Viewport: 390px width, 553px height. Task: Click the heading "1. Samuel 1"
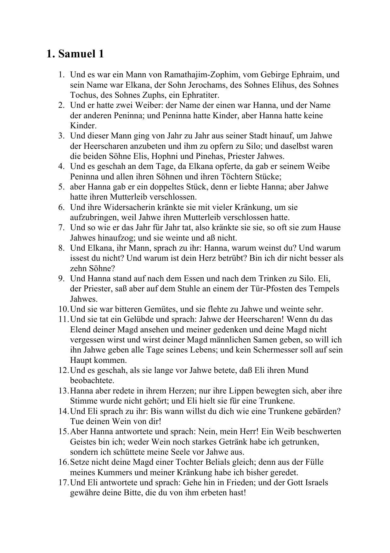75,54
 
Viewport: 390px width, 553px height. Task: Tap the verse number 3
61,136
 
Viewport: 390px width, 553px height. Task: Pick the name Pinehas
209,156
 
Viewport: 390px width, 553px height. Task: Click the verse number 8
61,248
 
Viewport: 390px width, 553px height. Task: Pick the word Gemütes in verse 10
159,309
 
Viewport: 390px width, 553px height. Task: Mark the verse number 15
63,431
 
